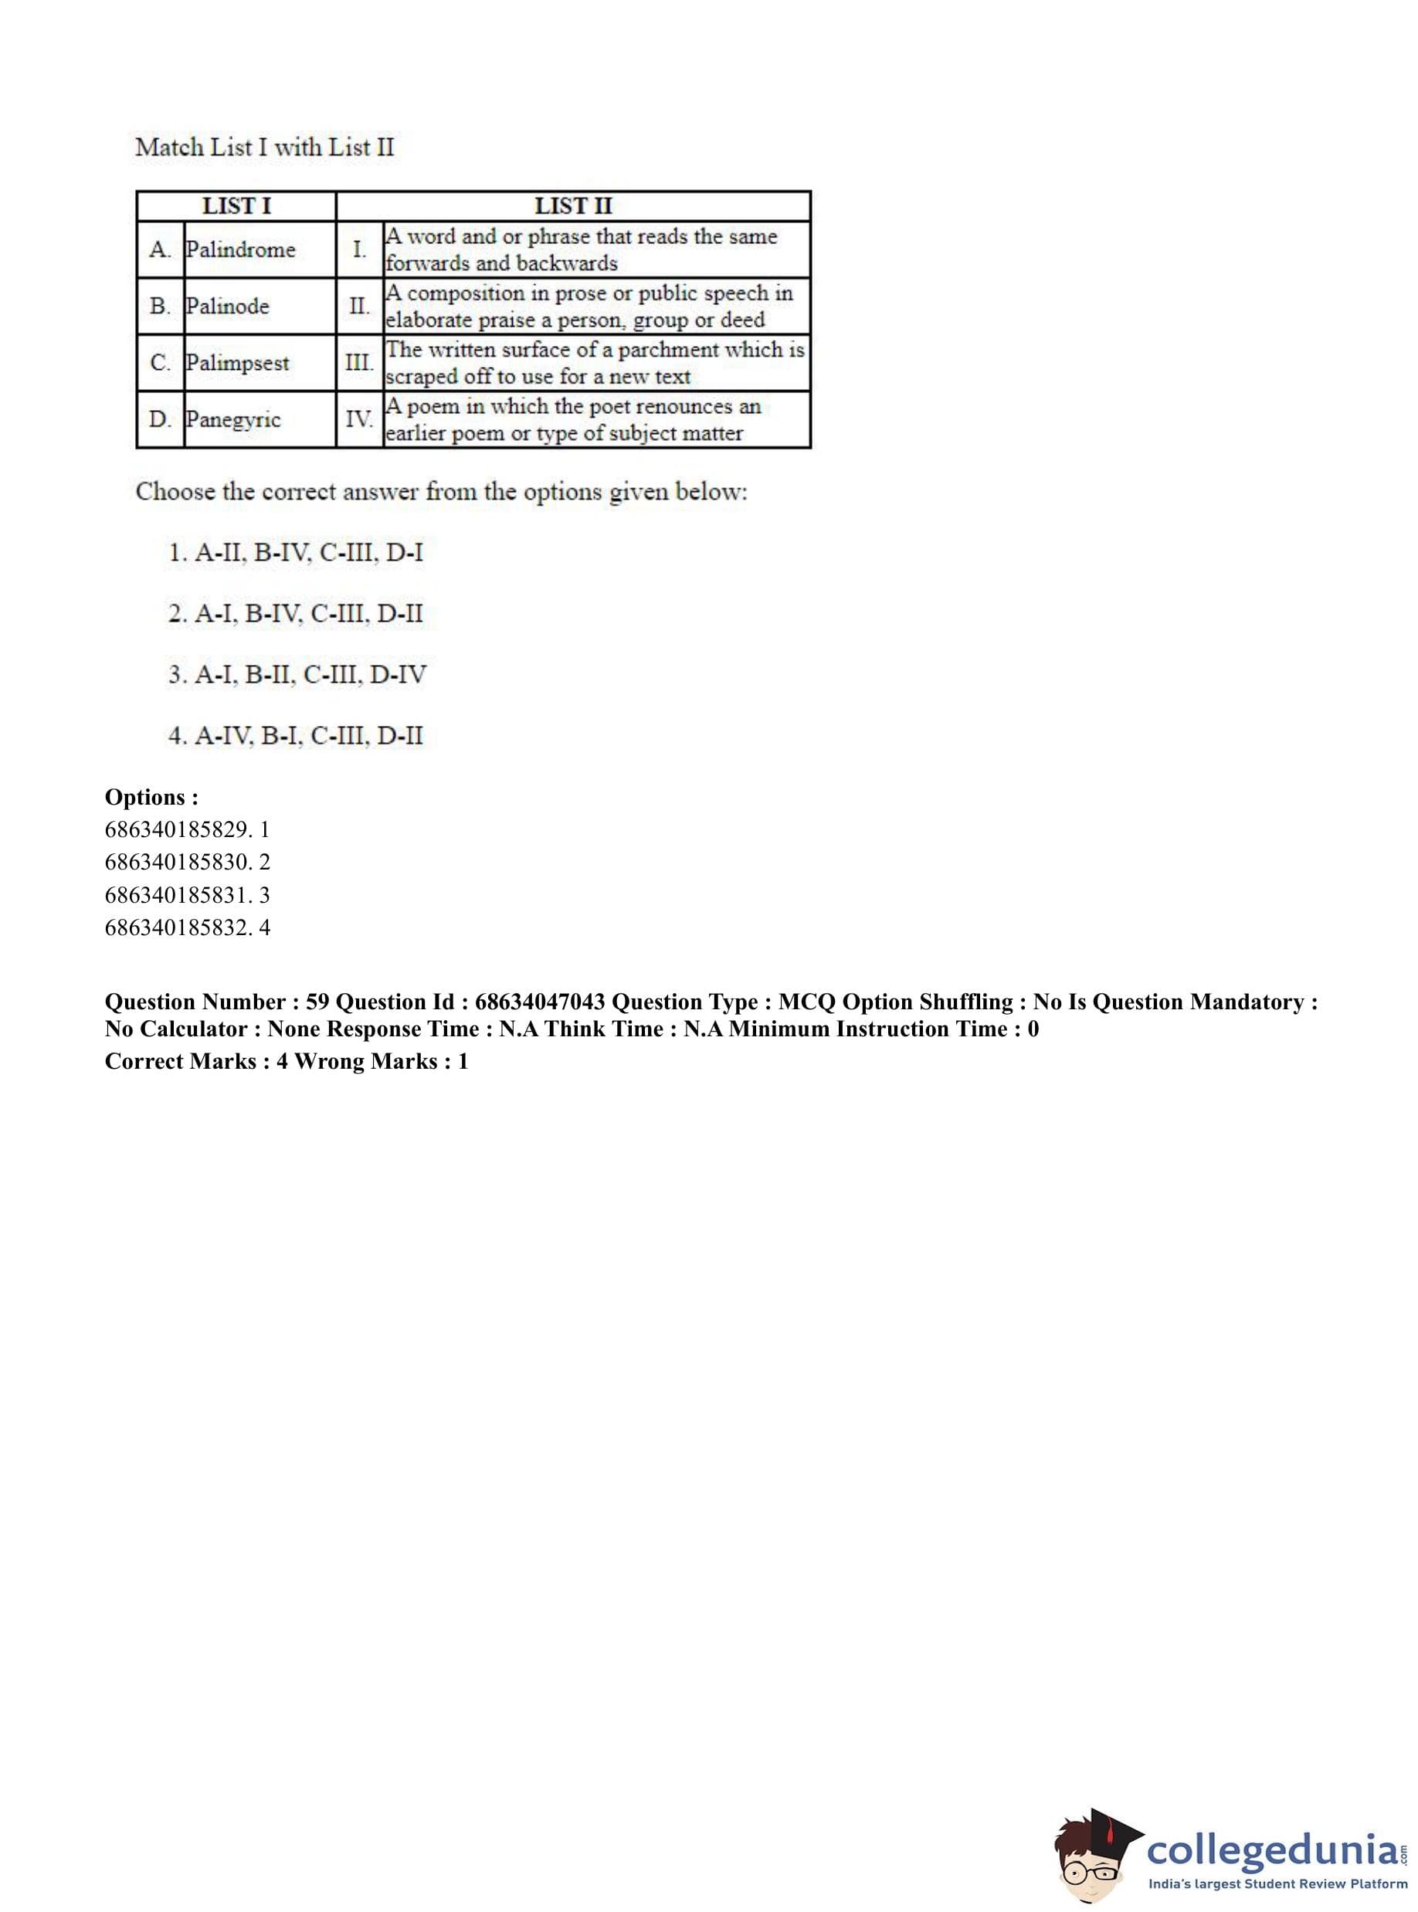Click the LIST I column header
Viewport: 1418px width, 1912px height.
pos(236,206)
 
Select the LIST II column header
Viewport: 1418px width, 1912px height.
pos(572,206)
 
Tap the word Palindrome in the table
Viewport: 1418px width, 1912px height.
pos(240,249)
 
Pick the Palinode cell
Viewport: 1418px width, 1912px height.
pos(228,307)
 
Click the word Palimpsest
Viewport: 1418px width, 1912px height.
pos(238,363)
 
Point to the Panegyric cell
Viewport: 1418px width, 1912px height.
pos(233,419)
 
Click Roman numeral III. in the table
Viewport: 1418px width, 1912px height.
pos(359,362)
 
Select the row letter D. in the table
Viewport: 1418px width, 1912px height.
pos(160,419)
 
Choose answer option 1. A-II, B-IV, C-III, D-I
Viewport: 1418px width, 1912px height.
pos(296,553)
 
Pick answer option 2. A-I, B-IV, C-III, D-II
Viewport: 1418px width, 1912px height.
pos(296,614)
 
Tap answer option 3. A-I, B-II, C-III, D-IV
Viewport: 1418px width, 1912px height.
pos(297,674)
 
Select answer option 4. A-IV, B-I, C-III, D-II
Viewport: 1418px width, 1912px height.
pos(296,735)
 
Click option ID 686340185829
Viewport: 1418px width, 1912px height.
pos(178,829)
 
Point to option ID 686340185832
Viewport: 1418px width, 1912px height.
pos(178,927)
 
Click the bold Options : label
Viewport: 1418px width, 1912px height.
pos(152,797)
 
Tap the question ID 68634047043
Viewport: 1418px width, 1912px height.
pos(540,1002)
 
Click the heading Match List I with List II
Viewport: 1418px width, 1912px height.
pos(264,147)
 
